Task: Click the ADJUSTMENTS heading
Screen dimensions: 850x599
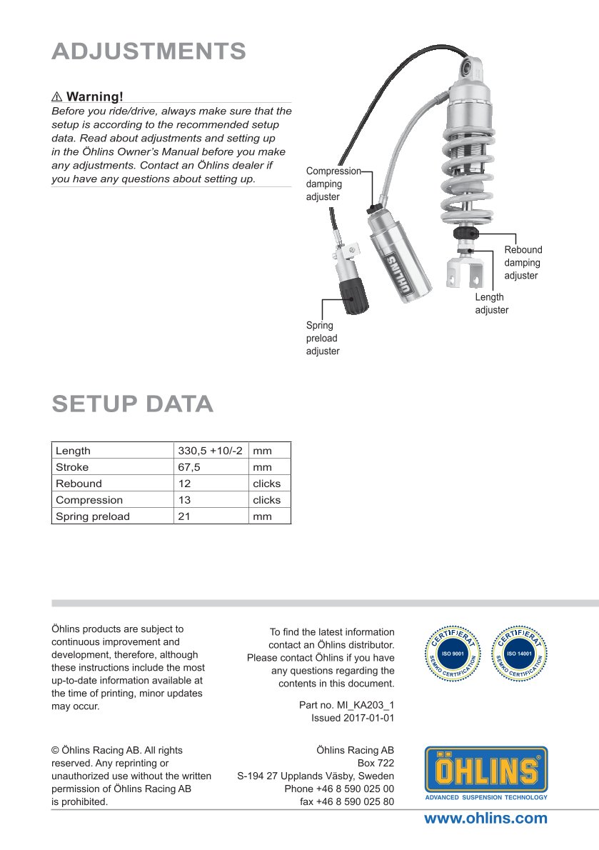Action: pyautogui.click(x=149, y=51)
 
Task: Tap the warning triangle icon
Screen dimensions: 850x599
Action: pyautogui.click(x=57, y=96)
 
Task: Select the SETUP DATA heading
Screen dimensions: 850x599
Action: pyautogui.click(x=132, y=404)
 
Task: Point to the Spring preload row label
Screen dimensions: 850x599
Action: pyautogui.click(x=93, y=516)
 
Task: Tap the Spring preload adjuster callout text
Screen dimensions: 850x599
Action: pyautogui.click(x=323, y=339)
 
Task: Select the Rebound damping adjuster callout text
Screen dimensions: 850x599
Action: pyautogui.click(x=523, y=263)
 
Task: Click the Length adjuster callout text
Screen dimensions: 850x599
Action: pyautogui.click(x=491, y=304)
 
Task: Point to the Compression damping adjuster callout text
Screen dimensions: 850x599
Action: pyautogui.click(x=333, y=184)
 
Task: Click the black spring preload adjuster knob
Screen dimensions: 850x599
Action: pyautogui.click(x=353, y=295)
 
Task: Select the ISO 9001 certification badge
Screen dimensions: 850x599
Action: pyautogui.click(x=453, y=653)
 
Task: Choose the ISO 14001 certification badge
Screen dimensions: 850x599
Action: pyautogui.click(x=520, y=653)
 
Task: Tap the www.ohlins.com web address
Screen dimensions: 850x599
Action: pyautogui.click(x=485, y=819)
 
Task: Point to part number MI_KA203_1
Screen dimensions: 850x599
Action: pyautogui.click(x=346, y=705)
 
